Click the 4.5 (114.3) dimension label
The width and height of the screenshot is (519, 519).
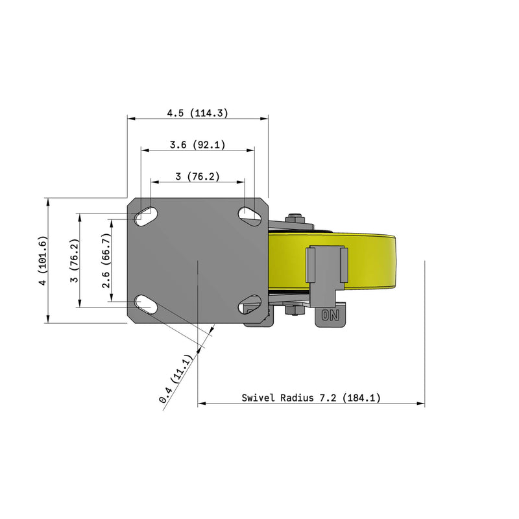(x=198, y=113)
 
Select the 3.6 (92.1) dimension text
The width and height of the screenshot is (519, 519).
(x=198, y=145)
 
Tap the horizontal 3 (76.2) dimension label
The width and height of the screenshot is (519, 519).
(x=198, y=176)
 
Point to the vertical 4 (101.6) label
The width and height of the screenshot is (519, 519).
(x=43, y=261)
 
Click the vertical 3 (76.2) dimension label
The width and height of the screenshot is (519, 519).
(x=75, y=261)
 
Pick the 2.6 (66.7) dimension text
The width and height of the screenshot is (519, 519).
(x=106, y=261)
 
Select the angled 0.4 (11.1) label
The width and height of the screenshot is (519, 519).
(x=175, y=379)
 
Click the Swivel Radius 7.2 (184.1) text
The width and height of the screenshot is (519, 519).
(x=311, y=397)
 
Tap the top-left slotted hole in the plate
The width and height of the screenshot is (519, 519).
(x=145, y=217)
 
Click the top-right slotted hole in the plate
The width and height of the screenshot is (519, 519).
(x=250, y=217)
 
